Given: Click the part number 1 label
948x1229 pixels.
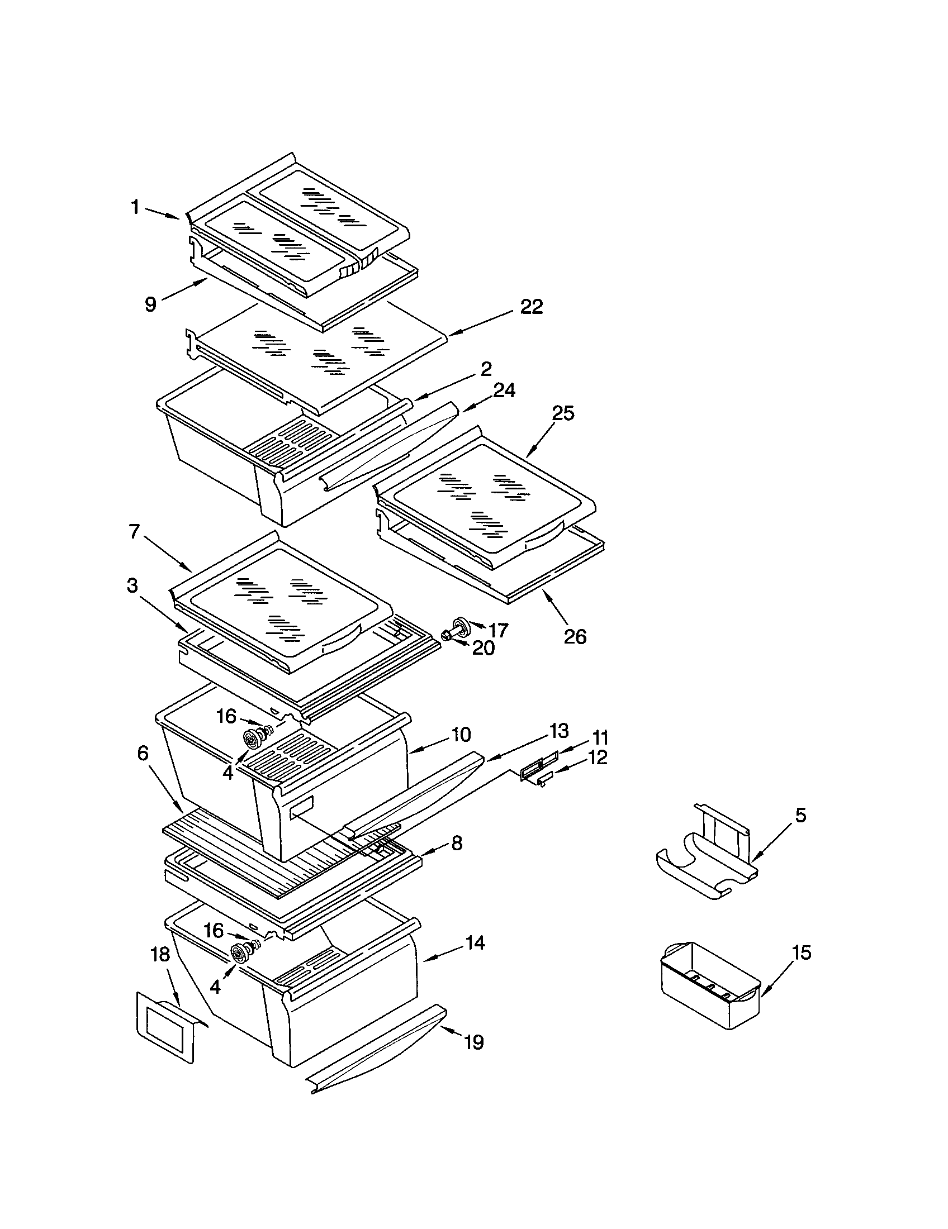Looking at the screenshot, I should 135,208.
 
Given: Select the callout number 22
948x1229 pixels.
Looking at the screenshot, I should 531,307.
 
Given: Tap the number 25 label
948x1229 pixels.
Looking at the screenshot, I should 562,413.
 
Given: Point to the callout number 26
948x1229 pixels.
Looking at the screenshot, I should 575,636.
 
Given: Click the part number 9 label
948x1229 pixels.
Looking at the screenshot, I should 150,304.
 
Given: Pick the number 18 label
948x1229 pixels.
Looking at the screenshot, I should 161,954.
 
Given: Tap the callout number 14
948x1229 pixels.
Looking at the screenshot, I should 475,942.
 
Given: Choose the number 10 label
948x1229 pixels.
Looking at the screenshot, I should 461,735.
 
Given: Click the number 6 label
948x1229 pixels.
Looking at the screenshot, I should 143,754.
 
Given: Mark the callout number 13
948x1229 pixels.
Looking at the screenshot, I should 558,731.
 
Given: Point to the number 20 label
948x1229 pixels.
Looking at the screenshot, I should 483,648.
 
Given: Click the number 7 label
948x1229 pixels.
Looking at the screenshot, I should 134,532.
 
